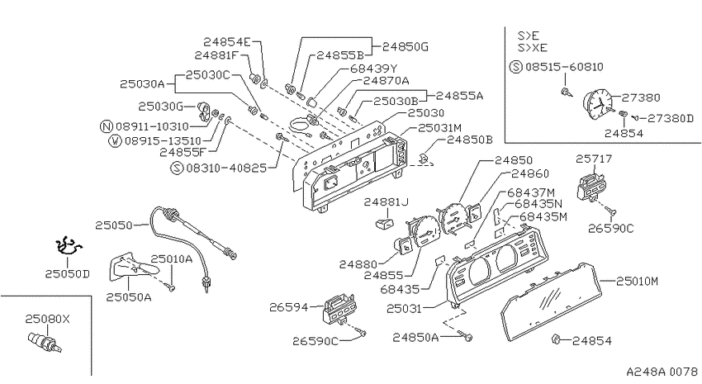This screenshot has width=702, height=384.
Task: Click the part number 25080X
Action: point(47,319)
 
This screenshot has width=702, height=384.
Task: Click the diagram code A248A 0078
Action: point(662,372)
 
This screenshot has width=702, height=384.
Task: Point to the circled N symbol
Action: point(106,126)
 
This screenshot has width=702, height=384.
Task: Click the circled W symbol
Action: point(116,141)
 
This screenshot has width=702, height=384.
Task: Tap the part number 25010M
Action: point(637,281)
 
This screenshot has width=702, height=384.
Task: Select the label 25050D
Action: point(67,273)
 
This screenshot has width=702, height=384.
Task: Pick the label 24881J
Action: point(386,201)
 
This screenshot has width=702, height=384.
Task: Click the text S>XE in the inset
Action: point(533,47)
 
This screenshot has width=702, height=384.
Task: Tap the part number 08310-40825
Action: point(226,168)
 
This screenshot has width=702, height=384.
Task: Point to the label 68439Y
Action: point(374,69)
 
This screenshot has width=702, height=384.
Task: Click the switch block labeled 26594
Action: point(339,308)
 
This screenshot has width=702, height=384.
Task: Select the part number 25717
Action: point(594,159)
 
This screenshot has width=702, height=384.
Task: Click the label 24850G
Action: point(406,46)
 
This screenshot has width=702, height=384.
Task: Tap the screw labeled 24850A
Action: point(467,337)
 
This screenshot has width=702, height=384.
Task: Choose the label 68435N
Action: point(538,204)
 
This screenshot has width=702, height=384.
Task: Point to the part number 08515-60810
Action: point(564,67)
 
